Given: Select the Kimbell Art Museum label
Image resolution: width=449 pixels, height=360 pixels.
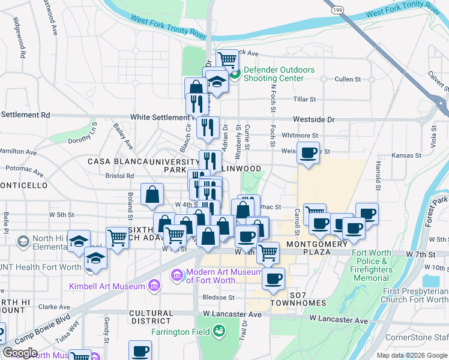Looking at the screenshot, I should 107,286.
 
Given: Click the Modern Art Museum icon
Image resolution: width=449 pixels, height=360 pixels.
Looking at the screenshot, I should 178,275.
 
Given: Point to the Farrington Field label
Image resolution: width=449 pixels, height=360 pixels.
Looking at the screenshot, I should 180,331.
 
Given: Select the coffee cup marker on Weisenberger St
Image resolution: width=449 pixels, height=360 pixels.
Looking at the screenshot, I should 309,152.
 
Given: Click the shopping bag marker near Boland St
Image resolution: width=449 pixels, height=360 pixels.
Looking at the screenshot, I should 152,194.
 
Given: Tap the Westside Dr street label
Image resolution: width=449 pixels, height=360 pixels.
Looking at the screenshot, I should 313,119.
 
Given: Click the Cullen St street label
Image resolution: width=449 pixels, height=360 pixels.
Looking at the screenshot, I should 348,79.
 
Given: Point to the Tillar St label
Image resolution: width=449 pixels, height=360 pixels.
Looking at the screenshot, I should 304,99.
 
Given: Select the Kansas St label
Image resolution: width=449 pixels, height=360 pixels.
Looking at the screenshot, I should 407,155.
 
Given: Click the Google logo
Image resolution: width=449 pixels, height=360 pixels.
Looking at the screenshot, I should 20,352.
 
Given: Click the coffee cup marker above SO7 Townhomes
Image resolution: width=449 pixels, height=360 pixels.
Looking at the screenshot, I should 274,278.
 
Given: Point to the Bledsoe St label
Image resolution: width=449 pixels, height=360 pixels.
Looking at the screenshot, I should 218,297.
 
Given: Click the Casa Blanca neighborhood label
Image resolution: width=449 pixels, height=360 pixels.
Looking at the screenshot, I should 118,161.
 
